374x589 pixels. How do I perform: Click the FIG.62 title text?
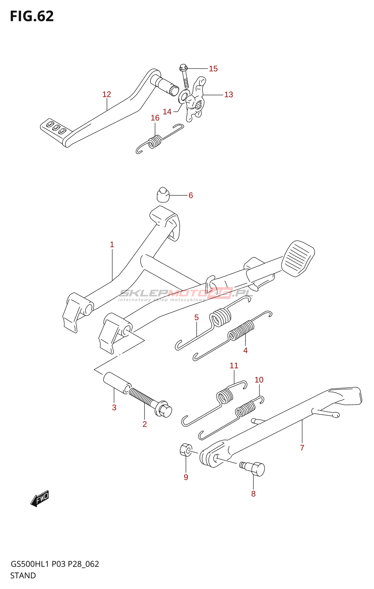click(32, 16)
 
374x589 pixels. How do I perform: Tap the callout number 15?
click(213, 69)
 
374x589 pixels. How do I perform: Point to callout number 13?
click(229, 95)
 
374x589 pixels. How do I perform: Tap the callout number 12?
click(107, 94)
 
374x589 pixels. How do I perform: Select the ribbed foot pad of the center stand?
click(298, 258)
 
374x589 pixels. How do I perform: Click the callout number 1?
click(112, 244)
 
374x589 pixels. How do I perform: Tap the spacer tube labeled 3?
click(117, 382)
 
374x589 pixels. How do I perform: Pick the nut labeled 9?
click(186, 449)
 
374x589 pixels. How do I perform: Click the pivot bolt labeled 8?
click(255, 469)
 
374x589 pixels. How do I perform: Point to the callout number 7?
click(302, 448)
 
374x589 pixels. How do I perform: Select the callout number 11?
click(234, 366)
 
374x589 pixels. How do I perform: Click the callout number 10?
click(259, 380)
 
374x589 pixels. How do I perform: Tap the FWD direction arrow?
click(40, 499)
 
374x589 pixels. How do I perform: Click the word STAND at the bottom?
click(23, 575)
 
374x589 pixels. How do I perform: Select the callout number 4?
click(246, 350)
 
